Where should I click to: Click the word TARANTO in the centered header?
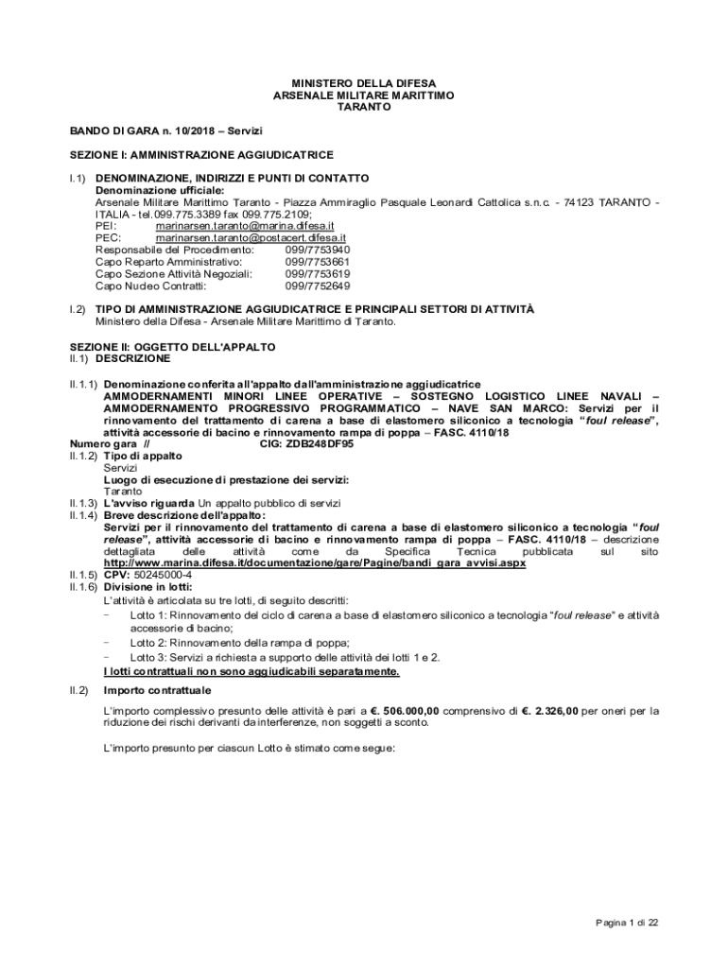coord(364,108)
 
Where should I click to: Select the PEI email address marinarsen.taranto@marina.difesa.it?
coord(244,227)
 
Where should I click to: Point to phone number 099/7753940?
coord(317,251)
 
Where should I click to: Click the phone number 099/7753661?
coord(317,262)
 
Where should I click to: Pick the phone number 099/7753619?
coord(317,274)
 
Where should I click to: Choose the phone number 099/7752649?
coord(317,285)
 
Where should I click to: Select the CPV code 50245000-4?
coord(165,575)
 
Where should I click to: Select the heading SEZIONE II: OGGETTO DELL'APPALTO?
coord(172,347)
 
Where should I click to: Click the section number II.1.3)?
coord(83,502)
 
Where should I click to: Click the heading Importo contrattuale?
coord(157,690)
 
